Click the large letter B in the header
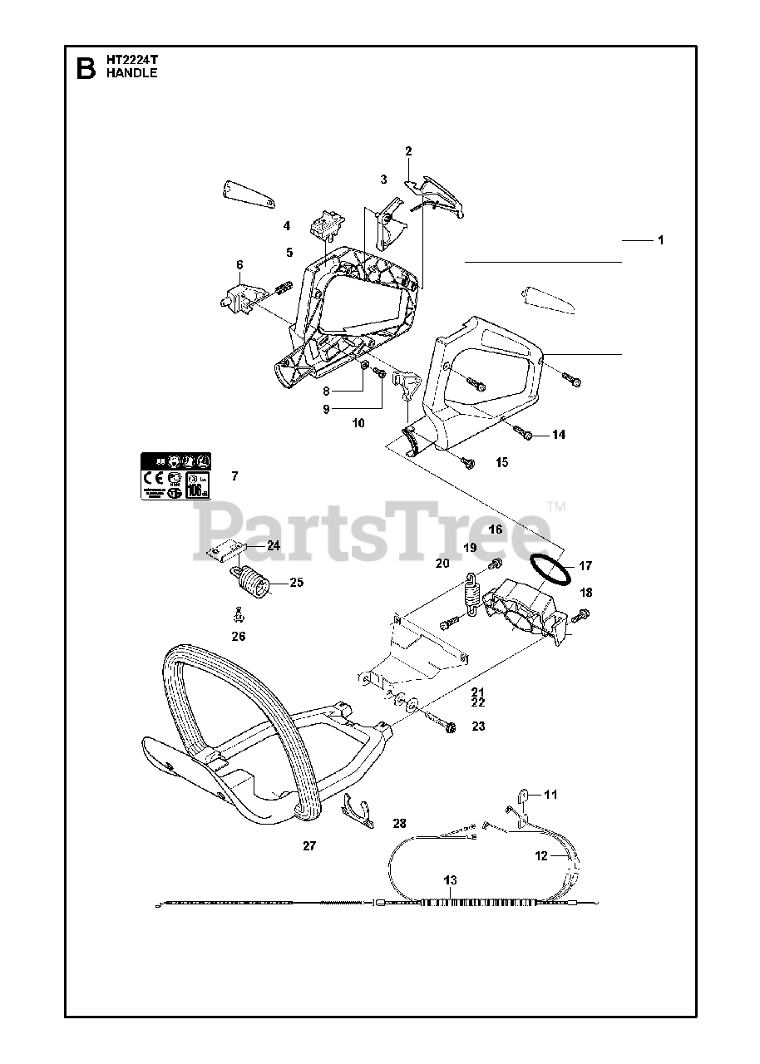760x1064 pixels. (85, 67)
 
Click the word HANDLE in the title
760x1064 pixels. (131, 73)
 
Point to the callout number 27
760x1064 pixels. (309, 845)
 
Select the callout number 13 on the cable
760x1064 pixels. (450, 879)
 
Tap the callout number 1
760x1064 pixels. (659, 240)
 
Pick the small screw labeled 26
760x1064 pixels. (238, 616)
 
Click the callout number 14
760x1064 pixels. (558, 435)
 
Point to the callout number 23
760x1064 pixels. (477, 726)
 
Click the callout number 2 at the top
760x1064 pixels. (408, 151)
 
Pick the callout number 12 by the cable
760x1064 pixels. (540, 855)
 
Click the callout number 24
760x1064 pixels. (274, 546)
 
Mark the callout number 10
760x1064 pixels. (358, 423)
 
